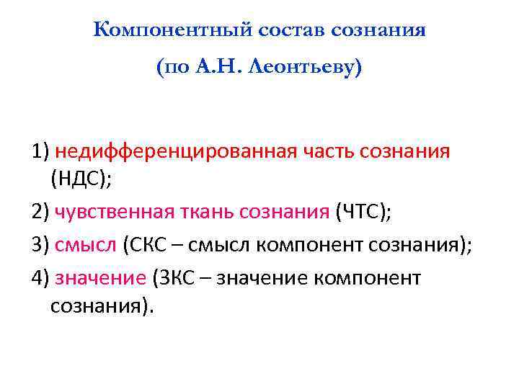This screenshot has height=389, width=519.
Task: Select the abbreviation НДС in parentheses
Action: click(x=79, y=179)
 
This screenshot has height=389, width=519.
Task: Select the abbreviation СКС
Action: click(x=148, y=245)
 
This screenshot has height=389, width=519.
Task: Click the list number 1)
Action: click(x=40, y=153)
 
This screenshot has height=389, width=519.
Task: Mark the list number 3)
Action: click(x=40, y=245)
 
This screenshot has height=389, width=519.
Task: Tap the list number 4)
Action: click(x=40, y=278)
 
